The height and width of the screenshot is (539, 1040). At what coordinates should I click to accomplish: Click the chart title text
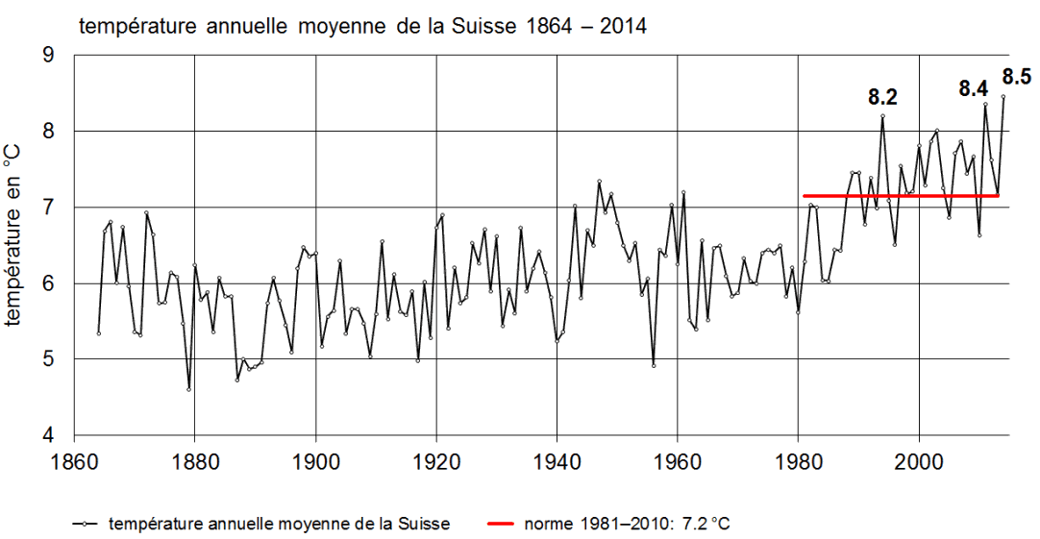[363, 26]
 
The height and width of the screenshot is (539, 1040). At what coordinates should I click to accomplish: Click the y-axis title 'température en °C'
[13, 244]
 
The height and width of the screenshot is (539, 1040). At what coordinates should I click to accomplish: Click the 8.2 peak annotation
[882, 96]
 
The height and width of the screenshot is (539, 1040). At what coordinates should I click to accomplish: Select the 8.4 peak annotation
[974, 88]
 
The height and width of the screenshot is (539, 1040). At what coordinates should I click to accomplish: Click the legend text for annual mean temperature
[280, 524]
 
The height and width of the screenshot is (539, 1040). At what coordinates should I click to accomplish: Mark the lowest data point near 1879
[188, 389]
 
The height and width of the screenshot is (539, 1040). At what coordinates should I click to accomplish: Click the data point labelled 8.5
[1003, 96]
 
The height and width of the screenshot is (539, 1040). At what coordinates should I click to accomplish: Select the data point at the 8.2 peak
[882, 117]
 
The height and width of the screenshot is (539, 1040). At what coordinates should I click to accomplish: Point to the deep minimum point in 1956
[654, 365]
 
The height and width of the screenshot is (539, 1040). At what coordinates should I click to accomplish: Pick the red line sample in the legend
[503, 524]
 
